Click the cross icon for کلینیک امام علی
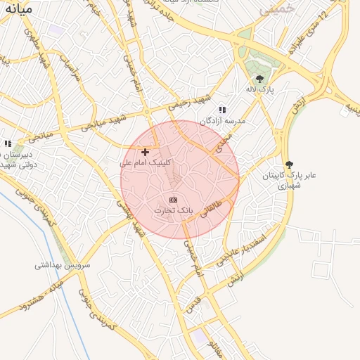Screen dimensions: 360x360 pyautogui.click(x=146, y=152)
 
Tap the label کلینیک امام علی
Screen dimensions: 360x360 pyautogui.click(x=146, y=162)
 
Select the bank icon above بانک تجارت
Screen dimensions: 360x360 pyautogui.click(x=174, y=200)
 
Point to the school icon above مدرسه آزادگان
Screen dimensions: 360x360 pyautogui.click(x=222, y=110)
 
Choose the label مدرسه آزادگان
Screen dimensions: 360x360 pyautogui.click(x=223, y=121)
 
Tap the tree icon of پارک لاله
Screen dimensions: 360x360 pyautogui.click(x=260, y=79)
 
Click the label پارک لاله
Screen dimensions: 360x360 pyautogui.click(x=259, y=90)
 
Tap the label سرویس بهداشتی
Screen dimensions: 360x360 pyautogui.click(x=63, y=266)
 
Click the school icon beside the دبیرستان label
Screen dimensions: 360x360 pyautogui.click(x=8, y=143)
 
